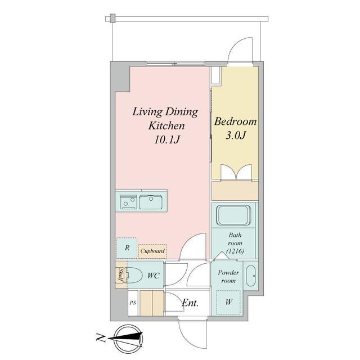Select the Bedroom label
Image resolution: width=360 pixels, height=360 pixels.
[236, 121]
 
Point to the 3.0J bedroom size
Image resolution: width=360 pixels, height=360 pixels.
[236, 135]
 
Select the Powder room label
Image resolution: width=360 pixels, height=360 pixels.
[228, 277]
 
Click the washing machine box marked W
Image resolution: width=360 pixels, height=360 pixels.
[228, 301]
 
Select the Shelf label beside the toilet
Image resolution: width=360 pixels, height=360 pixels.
[120, 276]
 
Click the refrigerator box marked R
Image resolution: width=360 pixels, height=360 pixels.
[127, 248]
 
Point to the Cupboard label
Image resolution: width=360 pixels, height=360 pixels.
[152, 251]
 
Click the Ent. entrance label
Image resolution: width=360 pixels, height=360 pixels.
[190, 303]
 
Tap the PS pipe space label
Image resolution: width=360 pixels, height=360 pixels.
[133, 303]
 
